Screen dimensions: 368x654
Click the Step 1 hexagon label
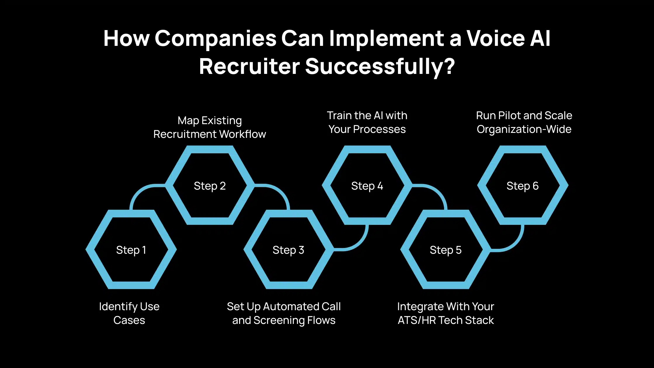[131, 250]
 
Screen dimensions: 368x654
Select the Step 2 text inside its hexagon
[210, 186]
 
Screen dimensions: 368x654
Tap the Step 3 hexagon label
[288, 250]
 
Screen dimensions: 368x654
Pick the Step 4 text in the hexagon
[367, 186]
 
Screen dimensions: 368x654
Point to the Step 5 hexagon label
[446, 250]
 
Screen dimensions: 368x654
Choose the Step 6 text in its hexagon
[522, 186]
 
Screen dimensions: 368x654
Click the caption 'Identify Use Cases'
[129, 313]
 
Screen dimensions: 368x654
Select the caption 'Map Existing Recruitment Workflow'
[210, 127]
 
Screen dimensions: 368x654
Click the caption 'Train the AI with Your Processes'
[367, 122]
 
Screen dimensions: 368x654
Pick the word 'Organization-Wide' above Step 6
[524, 129]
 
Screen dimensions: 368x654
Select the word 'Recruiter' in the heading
[249, 67]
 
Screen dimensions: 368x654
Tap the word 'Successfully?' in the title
[380, 67]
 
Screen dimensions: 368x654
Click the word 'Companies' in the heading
[215, 38]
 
